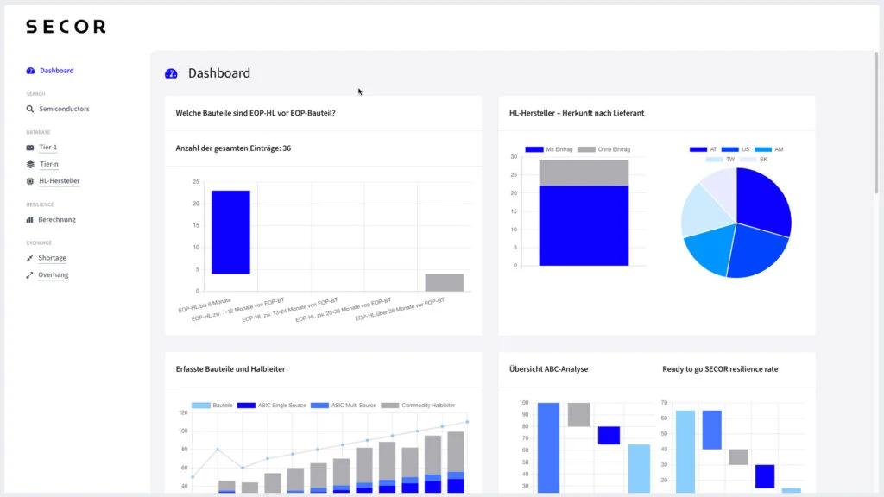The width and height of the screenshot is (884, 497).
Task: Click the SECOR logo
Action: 66,27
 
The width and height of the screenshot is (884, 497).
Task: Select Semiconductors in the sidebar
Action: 63,110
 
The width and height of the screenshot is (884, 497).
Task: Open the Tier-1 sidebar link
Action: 48,148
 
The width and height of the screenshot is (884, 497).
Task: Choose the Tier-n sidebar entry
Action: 48,164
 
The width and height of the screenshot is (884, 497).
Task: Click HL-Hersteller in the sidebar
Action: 59,181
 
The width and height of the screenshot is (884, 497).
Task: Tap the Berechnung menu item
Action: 56,220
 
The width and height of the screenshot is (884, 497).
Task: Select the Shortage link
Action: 52,258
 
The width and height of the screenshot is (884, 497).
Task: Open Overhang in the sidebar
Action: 53,275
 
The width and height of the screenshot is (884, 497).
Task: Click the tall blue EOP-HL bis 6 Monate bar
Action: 230,232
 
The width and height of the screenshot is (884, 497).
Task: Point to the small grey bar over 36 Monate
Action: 445,282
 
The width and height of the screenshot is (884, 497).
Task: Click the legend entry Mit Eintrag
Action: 549,149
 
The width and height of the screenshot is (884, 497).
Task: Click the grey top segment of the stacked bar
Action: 584,173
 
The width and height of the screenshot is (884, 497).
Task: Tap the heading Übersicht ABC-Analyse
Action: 548,369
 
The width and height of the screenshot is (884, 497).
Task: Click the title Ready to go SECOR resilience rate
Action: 720,369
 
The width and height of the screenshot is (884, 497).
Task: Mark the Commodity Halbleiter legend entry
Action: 419,405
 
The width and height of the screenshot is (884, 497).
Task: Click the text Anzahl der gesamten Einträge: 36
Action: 233,148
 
